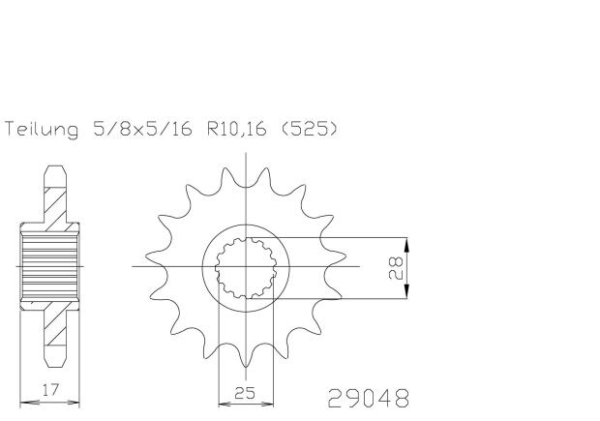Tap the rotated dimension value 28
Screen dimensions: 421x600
(394, 268)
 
